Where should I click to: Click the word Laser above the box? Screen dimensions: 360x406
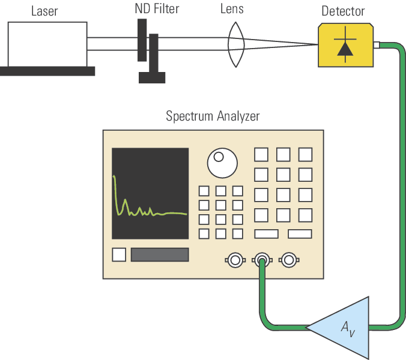pos(44,10)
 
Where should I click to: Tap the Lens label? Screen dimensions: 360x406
pos(236,9)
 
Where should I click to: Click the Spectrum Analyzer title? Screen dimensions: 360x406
pos(213,116)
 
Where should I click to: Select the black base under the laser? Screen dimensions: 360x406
pos(47,71)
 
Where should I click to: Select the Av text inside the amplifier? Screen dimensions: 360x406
pos(348,328)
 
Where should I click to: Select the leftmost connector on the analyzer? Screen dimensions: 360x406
pos(234,260)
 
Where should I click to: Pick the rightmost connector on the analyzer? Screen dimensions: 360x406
pos(289,260)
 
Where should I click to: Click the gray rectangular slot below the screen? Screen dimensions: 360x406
pos(160,254)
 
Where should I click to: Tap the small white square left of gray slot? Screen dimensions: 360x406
pos(119,254)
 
